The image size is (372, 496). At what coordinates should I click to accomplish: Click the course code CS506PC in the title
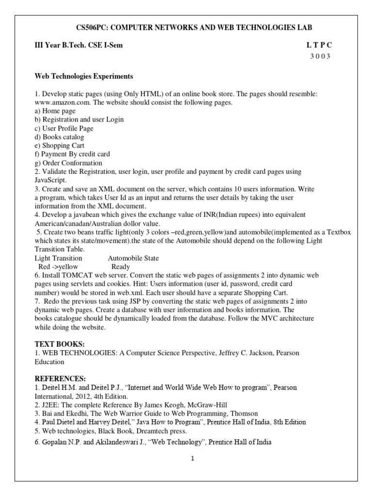[x=93, y=27]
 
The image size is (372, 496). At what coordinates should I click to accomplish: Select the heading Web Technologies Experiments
[x=84, y=77]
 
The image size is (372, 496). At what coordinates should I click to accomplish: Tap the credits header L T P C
[x=320, y=45]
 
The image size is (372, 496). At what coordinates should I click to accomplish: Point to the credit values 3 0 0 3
[x=320, y=56]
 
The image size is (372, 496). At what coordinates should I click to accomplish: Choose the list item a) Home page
[x=55, y=111]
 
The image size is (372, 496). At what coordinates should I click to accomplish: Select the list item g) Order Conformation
[x=68, y=163]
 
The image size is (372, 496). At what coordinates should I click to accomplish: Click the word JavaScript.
[x=51, y=179]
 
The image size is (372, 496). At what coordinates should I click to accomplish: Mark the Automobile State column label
[x=133, y=258]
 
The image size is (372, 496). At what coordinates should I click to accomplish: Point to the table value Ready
[x=121, y=267]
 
